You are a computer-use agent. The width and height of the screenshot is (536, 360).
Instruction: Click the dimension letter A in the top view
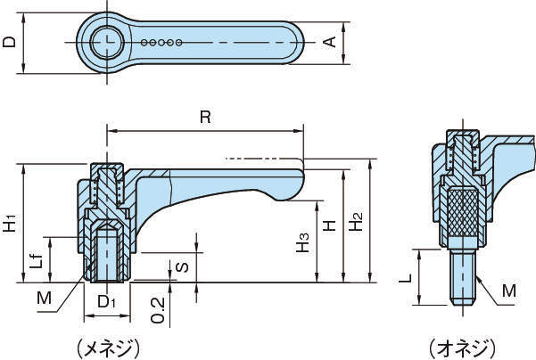tap(328, 42)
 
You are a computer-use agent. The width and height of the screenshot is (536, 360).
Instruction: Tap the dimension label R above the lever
tap(206, 117)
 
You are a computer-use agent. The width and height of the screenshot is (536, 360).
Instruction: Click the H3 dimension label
tap(304, 241)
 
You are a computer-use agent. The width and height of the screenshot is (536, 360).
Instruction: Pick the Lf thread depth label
tap(36, 260)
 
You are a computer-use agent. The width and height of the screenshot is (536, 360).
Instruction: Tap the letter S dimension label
tap(182, 266)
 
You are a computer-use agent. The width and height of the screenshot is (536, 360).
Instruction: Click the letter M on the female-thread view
tap(45, 298)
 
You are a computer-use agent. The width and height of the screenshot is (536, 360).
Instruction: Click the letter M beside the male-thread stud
tap(508, 291)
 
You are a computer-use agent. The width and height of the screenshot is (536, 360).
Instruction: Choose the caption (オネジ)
tap(458, 345)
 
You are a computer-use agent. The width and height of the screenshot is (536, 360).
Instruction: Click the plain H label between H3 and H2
tap(329, 227)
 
